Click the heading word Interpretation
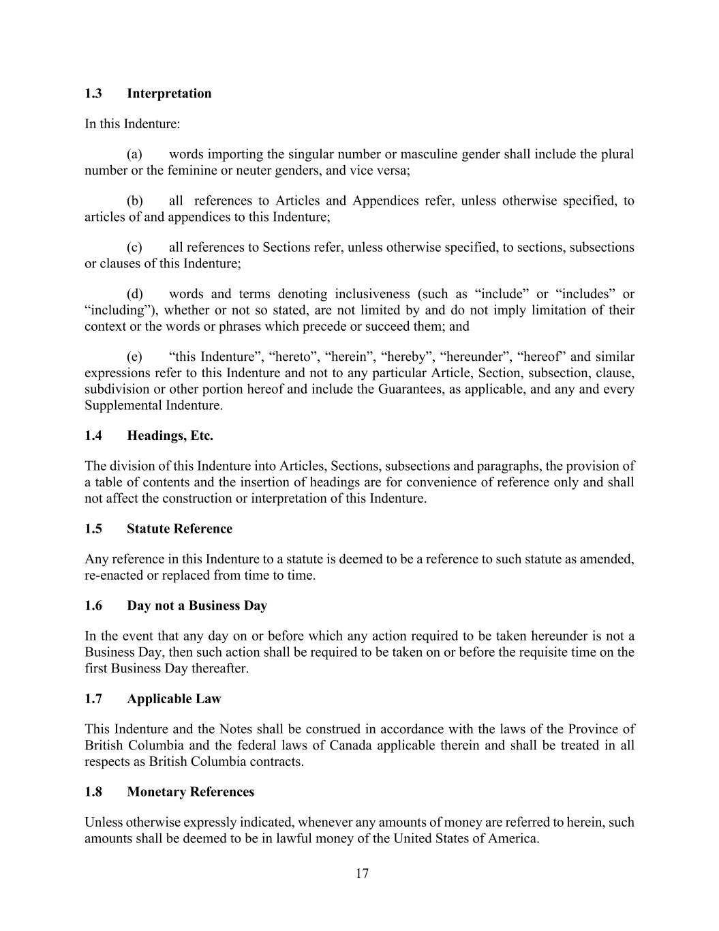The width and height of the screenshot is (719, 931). click(169, 93)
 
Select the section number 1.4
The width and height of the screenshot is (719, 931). click(93, 436)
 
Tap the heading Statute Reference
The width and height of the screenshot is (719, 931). click(179, 529)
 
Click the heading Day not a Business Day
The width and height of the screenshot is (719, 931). click(197, 606)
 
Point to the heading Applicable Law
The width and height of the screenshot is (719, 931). click(174, 698)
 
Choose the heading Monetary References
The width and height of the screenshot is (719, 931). click(190, 792)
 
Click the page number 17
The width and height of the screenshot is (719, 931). click(362, 874)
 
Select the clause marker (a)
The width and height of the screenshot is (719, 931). click(134, 154)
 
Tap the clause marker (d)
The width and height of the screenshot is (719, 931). click(135, 294)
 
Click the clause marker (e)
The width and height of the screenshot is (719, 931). click(134, 357)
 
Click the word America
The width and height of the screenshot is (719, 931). click(513, 838)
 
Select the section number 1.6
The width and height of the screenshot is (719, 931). click(93, 606)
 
